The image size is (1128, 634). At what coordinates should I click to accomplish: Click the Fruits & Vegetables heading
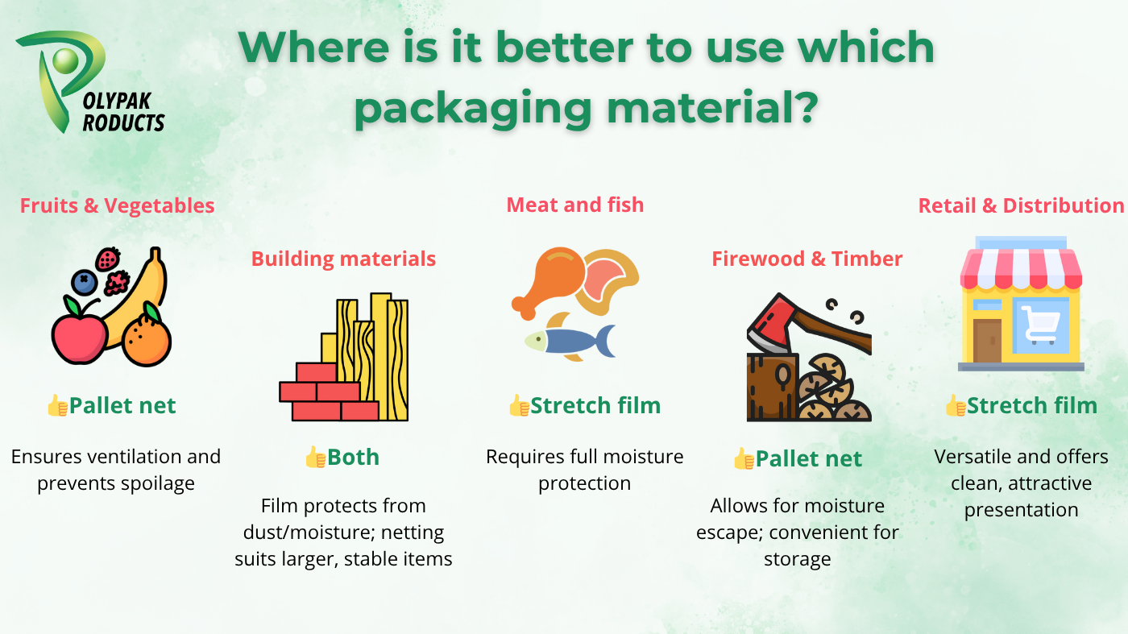point(117,205)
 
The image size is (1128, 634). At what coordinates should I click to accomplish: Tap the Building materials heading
point(343,259)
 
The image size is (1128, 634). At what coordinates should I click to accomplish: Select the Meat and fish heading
point(575,205)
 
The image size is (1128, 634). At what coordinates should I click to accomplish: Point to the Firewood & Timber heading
point(807,259)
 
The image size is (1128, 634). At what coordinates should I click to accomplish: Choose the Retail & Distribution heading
point(1021,205)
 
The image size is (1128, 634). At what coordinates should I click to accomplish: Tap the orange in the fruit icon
point(147,340)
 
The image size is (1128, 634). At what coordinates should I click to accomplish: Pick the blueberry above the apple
point(84,283)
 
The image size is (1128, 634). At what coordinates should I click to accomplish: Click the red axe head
point(770,322)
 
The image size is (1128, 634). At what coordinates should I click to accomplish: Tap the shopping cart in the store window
point(1041,325)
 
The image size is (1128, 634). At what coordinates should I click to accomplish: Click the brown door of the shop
point(987,341)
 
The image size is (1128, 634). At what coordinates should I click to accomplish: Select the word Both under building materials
point(353,458)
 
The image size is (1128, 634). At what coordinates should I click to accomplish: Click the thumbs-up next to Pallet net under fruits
point(57,405)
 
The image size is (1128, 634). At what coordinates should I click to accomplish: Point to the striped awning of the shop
point(1021,269)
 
